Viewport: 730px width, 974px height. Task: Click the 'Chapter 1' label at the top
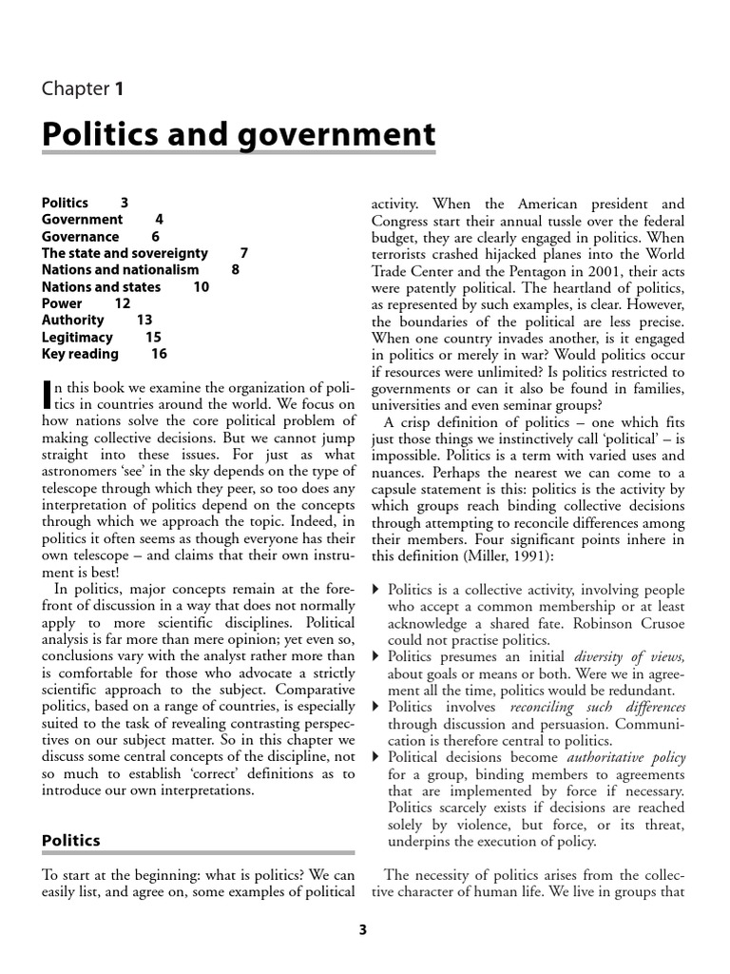point(83,89)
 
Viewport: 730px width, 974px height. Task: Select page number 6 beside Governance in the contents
point(156,236)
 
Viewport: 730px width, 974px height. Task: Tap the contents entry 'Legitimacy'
point(77,337)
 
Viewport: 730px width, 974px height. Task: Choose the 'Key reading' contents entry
point(80,354)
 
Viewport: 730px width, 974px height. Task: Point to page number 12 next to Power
point(123,303)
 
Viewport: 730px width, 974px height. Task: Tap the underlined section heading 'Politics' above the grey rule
point(71,840)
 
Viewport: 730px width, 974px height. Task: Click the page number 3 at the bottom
point(362,930)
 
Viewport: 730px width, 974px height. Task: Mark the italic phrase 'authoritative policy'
point(625,757)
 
